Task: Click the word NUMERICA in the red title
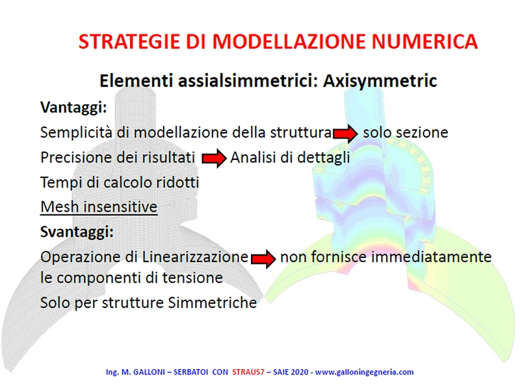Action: tap(424, 42)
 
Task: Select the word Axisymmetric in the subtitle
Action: tap(380, 81)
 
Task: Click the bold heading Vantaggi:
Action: tap(73, 107)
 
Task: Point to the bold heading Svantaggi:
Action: tap(77, 231)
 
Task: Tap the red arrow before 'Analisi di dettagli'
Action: tap(214, 159)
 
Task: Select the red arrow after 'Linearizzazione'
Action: tap(264, 258)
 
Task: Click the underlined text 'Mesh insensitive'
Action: tap(99, 207)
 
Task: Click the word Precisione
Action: tap(75, 157)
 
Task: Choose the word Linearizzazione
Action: tap(195, 257)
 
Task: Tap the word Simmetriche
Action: tap(213, 302)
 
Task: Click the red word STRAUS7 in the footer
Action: tap(248, 372)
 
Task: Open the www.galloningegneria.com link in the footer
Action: tap(364, 372)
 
